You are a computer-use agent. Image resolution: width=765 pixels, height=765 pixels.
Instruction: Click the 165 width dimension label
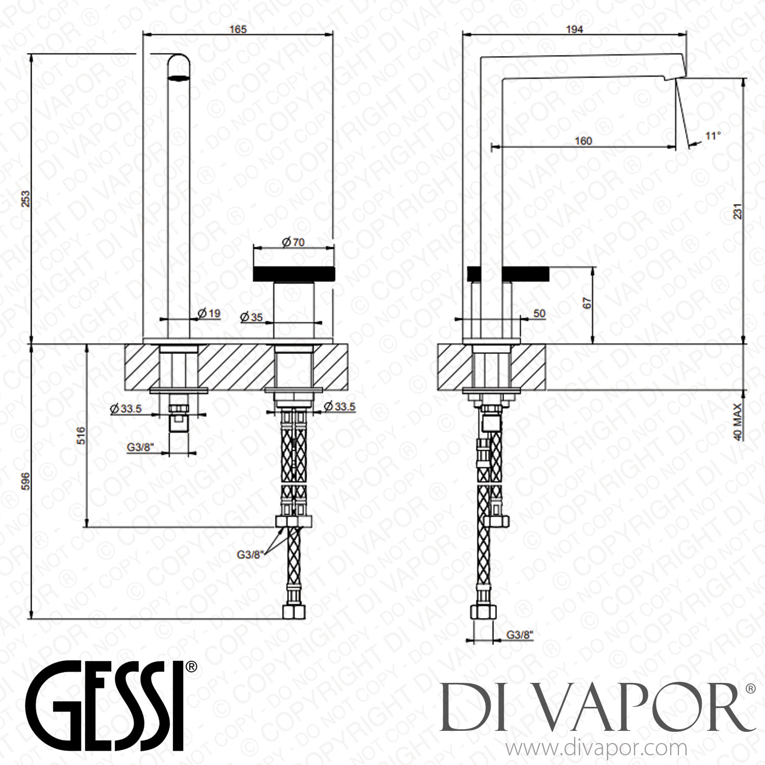238,29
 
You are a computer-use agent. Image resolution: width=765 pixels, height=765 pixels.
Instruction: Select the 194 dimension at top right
574,29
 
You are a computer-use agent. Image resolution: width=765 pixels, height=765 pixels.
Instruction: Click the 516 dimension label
81,436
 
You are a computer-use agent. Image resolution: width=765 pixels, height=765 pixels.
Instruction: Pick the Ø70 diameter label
293,242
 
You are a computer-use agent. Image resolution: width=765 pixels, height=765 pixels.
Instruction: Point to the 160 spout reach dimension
583,141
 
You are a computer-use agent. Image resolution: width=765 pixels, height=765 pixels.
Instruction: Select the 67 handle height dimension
587,303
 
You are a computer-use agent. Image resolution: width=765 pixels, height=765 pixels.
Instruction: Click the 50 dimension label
539,314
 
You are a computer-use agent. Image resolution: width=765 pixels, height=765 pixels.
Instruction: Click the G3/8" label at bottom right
520,635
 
